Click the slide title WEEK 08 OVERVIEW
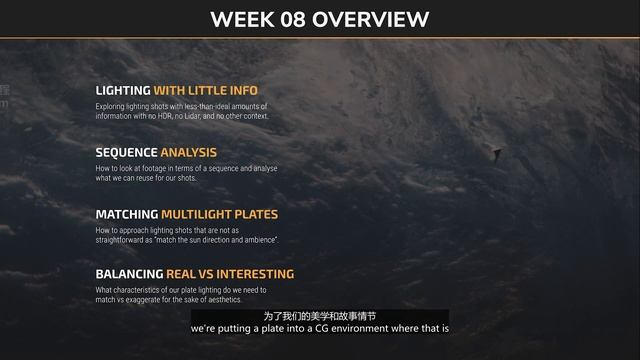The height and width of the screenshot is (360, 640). pyautogui.click(x=320, y=19)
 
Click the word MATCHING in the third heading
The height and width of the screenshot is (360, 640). pyautogui.click(x=127, y=214)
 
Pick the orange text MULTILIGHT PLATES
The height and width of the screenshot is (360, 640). pyautogui.click(x=220, y=214)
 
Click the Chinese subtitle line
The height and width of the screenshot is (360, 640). pyautogui.click(x=320, y=316)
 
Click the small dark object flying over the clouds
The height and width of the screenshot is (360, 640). pyautogui.click(x=496, y=153)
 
